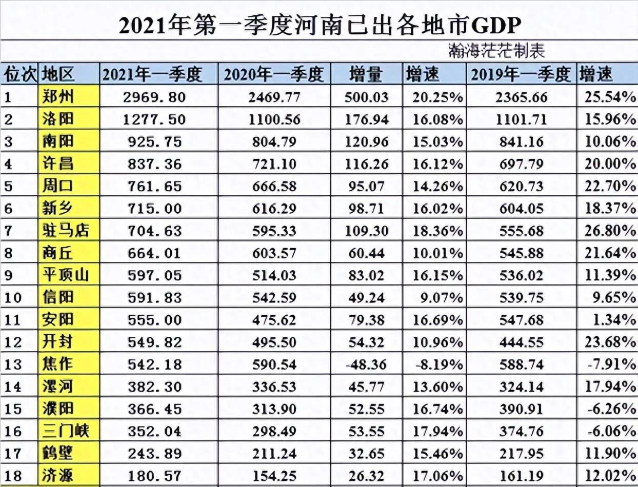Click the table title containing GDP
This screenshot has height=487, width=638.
319,26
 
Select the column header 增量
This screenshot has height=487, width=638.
366,75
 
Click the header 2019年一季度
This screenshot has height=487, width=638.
521,75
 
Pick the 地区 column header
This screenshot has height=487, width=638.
58,75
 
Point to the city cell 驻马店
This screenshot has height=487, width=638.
65,230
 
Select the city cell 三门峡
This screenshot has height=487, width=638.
65,431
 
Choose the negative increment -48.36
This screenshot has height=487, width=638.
366,364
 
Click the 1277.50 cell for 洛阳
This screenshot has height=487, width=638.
153,119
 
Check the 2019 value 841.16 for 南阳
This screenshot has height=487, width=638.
521,141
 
